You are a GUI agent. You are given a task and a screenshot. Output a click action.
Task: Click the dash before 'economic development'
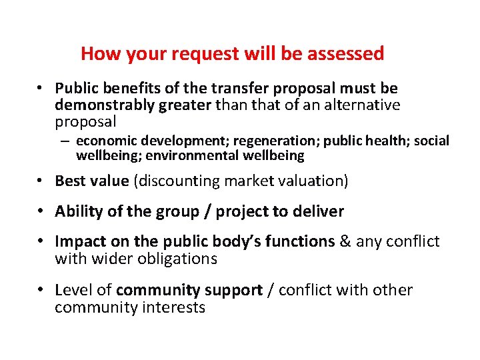coord(68,141)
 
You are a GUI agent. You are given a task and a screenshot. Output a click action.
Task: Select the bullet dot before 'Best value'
coord(41,181)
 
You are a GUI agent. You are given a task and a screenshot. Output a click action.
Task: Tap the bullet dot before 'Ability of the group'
coord(41,212)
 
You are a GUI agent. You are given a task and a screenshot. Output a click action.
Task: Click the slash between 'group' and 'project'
coord(209,212)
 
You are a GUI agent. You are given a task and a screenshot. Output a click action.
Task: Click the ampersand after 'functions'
coord(346,241)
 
